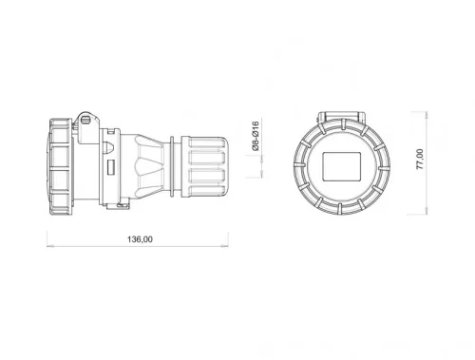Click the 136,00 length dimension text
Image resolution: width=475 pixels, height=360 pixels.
[x=140, y=239]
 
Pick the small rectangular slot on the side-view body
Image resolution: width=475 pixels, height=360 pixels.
[x=110, y=169]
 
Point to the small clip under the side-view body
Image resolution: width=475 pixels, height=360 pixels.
[x=120, y=202]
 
